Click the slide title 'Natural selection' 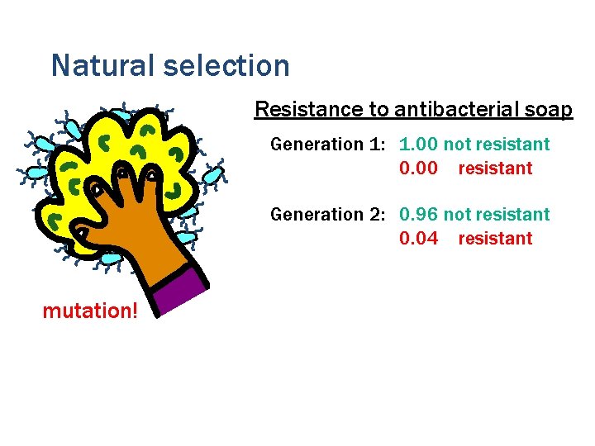[170, 65]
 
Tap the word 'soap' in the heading [550, 110]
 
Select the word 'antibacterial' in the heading [455, 110]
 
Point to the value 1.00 [418, 145]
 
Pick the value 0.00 [418, 168]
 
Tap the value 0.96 [418, 215]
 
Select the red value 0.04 [418, 239]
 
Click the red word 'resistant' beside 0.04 [495, 239]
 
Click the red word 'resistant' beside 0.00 [495, 168]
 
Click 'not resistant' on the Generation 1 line [497, 145]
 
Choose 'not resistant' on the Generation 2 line [497, 215]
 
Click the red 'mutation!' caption [91, 311]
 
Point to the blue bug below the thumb [109, 259]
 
